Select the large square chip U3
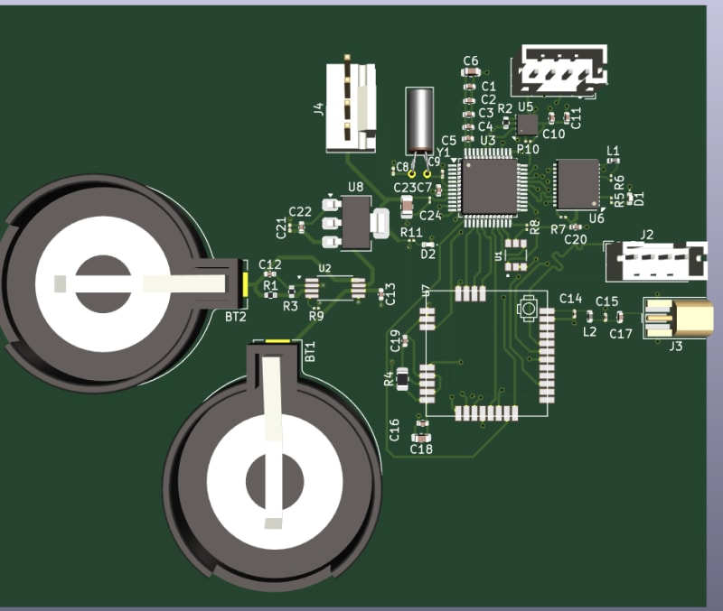(489, 186)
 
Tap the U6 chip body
(577, 183)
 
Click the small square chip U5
(527, 124)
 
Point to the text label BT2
(235, 317)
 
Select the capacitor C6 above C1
(470, 72)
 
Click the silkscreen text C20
(576, 239)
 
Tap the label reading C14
(570, 299)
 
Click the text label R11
(412, 233)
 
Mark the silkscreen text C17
(620, 334)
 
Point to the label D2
(428, 255)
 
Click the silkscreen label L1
(614, 151)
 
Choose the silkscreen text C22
(300, 211)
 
